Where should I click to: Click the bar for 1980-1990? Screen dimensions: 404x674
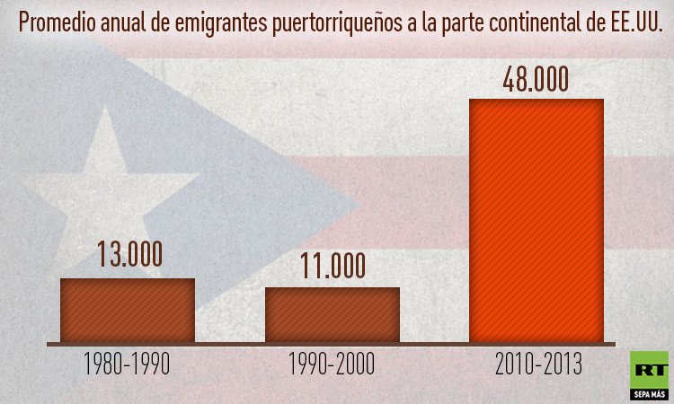point(127,310)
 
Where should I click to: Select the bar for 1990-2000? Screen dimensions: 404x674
point(332,314)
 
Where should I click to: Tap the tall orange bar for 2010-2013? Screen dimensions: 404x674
point(537,220)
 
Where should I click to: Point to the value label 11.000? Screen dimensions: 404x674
point(332,266)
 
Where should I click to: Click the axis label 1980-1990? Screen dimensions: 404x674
point(127,364)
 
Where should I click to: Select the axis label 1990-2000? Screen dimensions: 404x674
point(332,364)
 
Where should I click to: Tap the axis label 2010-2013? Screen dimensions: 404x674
point(537,364)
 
